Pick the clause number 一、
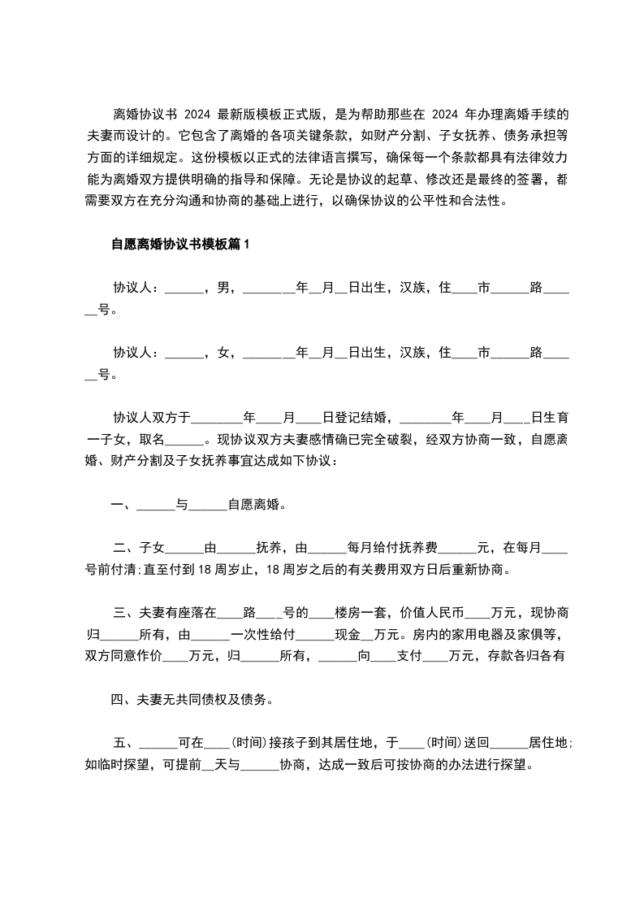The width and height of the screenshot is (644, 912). [123, 505]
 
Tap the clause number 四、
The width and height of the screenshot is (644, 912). [123, 698]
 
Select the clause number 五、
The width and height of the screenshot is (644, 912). [123, 742]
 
